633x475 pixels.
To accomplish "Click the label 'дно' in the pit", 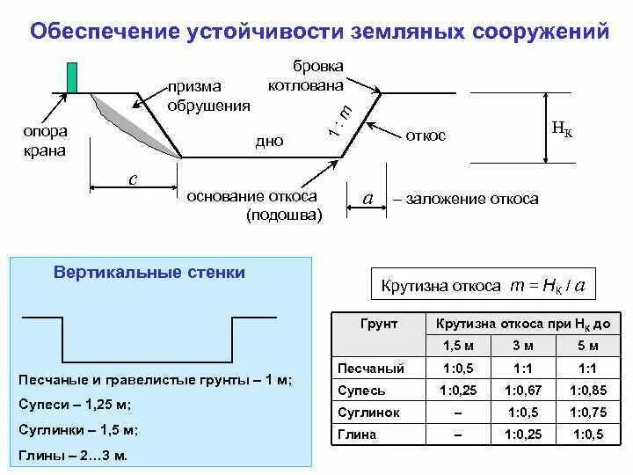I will pos(269,141).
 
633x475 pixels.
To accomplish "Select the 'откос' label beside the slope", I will pos(426,135).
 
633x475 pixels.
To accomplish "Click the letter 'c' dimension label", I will pos(133,179).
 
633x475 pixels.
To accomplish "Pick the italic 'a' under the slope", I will pos(368,199).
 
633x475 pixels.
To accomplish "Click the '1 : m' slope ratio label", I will pos(339,121).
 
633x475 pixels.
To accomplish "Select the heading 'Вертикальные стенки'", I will pos(149,273).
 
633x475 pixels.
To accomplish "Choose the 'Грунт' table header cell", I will pos(379,324).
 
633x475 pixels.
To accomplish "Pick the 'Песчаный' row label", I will pos(371,368).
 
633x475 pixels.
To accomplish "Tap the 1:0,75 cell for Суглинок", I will pos(589,412).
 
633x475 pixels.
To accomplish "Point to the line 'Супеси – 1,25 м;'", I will pos(75,406).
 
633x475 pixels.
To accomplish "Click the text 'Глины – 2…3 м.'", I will pos(73,456).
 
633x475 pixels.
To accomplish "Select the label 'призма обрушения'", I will pos(208,96).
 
